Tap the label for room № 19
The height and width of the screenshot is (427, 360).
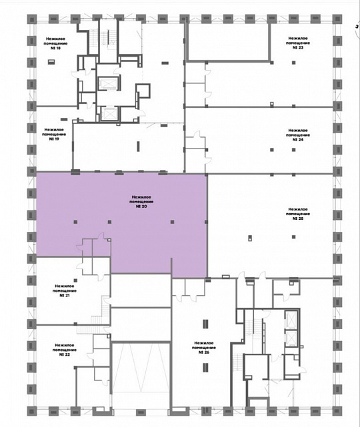54,135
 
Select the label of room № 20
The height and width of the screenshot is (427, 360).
141,202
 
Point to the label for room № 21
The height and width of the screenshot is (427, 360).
65,290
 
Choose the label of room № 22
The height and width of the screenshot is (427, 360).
65,350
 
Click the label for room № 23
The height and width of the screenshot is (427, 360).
298,43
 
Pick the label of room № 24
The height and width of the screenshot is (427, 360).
298,135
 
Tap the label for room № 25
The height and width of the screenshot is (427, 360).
298,214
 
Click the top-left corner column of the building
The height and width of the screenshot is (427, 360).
31,19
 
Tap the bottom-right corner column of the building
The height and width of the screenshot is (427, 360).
337,410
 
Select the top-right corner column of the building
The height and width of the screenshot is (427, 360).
337,19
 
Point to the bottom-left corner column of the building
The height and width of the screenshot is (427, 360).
31,410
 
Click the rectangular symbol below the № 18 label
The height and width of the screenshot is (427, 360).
51,62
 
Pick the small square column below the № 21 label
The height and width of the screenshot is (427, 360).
75,280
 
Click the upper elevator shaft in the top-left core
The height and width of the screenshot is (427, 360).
107,83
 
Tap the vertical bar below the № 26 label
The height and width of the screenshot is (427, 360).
205,368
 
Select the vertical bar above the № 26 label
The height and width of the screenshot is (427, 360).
205,324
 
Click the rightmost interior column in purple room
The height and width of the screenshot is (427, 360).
206,222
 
